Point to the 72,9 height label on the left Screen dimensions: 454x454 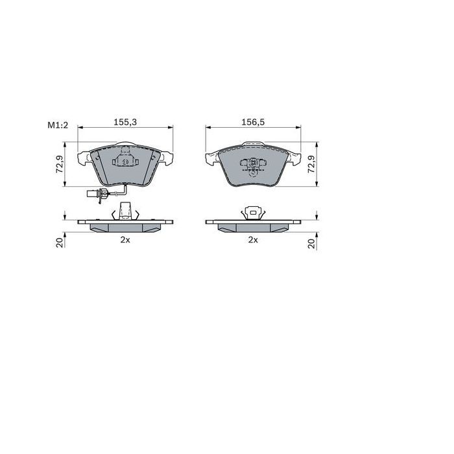(x=59, y=166)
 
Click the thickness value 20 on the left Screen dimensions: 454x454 (x=59, y=242)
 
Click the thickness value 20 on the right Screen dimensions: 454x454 (x=311, y=242)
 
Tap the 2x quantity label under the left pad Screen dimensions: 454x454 (x=125, y=240)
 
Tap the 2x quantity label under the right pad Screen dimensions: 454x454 (x=252, y=240)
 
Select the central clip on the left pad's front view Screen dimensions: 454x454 (x=125, y=158)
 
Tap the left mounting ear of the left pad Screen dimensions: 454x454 (x=83, y=157)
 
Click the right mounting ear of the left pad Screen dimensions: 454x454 (x=166, y=157)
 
